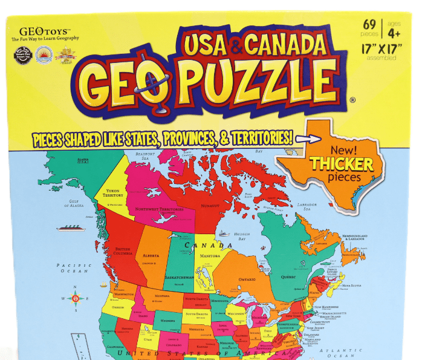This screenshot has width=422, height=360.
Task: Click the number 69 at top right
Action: pyautogui.click(x=369, y=25)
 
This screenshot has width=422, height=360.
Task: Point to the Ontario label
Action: pyautogui.click(x=247, y=279)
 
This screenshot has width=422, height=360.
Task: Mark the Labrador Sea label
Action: pyautogui.click(x=307, y=206)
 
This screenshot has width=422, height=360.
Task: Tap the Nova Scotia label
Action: pyautogui.click(x=352, y=286)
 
